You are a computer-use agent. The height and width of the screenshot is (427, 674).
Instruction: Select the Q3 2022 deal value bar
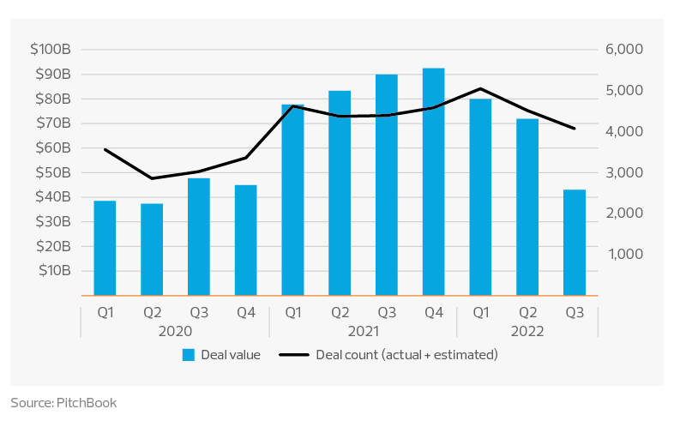click(x=575, y=243)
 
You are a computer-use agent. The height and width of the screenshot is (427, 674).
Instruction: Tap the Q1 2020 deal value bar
click(x=105, y=248)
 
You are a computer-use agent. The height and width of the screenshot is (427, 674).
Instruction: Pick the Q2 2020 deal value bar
click(x=152, y=250)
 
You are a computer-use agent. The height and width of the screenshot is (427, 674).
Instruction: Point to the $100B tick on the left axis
click(x=52, y=50)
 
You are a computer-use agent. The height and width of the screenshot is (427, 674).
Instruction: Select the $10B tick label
click(x=54, y=271)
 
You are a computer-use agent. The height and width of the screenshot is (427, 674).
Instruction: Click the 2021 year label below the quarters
click(x=364, y=330)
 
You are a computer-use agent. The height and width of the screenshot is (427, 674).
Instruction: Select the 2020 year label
click(x=175, y=330)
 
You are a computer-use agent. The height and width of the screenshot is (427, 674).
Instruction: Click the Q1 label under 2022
click(x=480, y=313)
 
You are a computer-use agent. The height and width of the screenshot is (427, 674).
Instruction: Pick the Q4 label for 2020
click(x=246, y=313)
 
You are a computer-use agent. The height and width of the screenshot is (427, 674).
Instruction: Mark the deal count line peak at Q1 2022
click(x=480, y=88)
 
